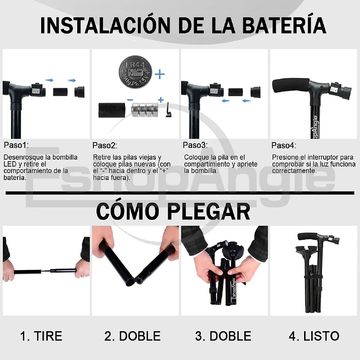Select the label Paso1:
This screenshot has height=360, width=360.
16,145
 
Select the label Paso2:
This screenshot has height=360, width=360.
105,145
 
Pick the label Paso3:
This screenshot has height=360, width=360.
195,145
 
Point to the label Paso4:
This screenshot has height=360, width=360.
283,145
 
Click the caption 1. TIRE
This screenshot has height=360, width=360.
41,336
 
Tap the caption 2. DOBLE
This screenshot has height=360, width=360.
133,336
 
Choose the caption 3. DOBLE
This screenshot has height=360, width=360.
223,336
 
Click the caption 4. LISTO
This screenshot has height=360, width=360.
314,336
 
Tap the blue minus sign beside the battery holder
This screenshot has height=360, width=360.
130,99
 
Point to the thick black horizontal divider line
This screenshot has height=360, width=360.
180,193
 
